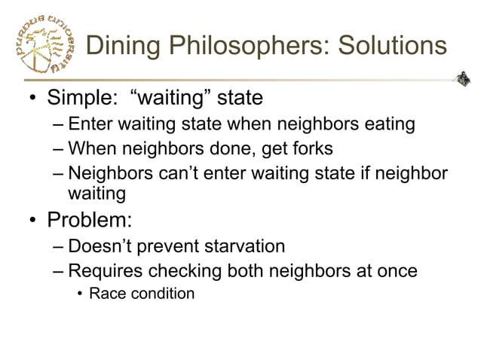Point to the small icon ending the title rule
[463, 78]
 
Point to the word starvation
[237, 246]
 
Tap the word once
[395, 270]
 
